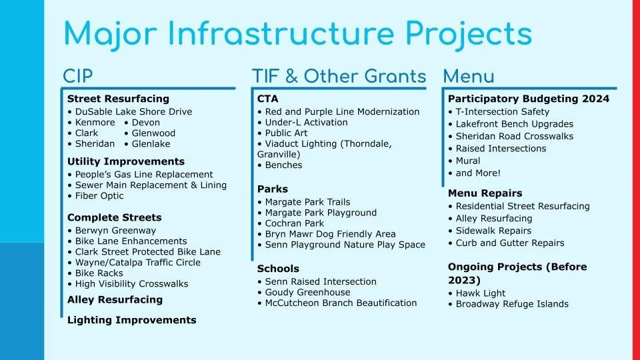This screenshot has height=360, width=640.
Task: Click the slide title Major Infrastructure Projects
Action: coord(297,33)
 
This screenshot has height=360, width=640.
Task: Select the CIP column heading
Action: coord(78,76)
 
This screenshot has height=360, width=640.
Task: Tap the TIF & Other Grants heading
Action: coord(339,76)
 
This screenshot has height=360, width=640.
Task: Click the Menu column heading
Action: coord(469,76)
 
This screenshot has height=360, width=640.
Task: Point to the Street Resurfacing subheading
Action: coord(118,99)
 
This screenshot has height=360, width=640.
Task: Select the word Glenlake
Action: coord(151,144)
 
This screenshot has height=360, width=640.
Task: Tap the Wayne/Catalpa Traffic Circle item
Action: coord(137,263)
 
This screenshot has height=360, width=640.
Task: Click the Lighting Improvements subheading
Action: coord(131,320)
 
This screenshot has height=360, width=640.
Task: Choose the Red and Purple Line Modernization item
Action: coord(342,112)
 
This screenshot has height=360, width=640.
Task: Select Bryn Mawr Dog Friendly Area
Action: coord(330,234)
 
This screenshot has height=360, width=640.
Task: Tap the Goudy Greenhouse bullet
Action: coord(307,292)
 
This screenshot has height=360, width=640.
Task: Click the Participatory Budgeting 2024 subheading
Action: coord(528,99)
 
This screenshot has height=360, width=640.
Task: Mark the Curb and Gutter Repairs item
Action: coord(509,243)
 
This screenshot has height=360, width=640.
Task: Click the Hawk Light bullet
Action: coord(480,293)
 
